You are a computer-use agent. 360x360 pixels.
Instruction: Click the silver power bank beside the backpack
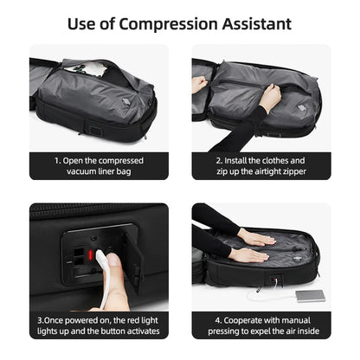[311, 296]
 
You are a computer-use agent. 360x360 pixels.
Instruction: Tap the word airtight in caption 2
[254, 170]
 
